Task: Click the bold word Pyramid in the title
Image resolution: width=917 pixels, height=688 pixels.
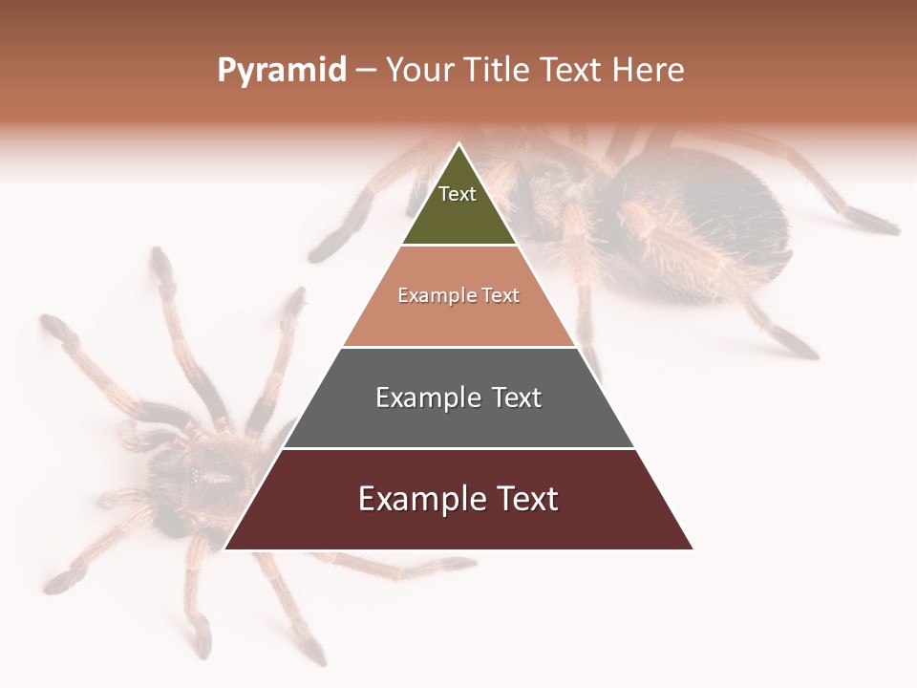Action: pos(282,71)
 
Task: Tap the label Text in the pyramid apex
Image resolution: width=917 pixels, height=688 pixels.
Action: pos(458,194)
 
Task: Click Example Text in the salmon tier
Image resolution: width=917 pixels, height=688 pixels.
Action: pos(458,295)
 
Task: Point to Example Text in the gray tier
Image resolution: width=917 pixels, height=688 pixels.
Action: pos(458,398)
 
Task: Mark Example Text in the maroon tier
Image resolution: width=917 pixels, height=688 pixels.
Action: pos(458,499)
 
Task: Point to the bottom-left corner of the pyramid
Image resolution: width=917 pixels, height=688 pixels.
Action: pos(225,548)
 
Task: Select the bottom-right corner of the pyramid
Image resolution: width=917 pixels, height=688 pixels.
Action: pos(693,548)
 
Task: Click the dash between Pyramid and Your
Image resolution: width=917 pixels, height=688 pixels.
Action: pos(366,71)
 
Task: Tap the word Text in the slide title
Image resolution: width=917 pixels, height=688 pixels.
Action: pos(570,71)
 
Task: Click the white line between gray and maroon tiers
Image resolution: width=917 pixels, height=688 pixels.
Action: pos(458,448)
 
